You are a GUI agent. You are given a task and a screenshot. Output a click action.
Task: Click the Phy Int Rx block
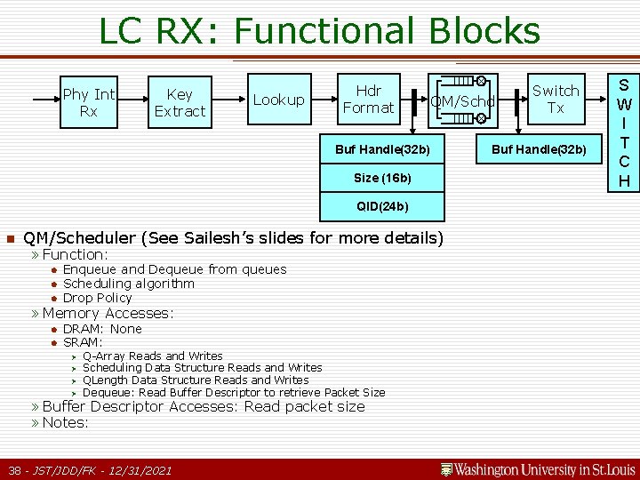[x=89, y=102]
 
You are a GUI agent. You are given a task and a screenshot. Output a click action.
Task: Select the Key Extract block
[x=180, y=102]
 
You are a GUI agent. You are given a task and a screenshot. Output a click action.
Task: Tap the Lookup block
[x=278, y=100]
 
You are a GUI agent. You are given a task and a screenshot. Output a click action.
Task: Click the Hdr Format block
[x=368, y=99]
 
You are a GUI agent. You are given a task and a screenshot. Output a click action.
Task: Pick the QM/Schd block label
[x=461, y=101]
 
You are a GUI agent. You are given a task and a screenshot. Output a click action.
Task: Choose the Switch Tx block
[x=556, y=99]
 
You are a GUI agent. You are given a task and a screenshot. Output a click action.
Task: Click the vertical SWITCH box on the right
[x=624, y=132]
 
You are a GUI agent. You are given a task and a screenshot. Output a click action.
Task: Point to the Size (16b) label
[x=382, y=178]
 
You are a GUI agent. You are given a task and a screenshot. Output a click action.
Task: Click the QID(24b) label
[x=382, y=206]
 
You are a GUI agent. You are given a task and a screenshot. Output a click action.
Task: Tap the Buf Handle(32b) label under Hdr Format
[x=382, y=148]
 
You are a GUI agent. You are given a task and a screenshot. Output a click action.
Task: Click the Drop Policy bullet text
[x=97, y=298]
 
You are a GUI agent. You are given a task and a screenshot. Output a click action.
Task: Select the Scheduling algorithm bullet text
[x=128, y=284]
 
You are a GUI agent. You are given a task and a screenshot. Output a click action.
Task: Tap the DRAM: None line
[x=102, y=329]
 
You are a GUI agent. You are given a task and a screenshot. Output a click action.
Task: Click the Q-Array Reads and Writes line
[x=152, y=356]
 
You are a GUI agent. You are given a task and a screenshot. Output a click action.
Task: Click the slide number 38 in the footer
[x=15, y=469]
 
